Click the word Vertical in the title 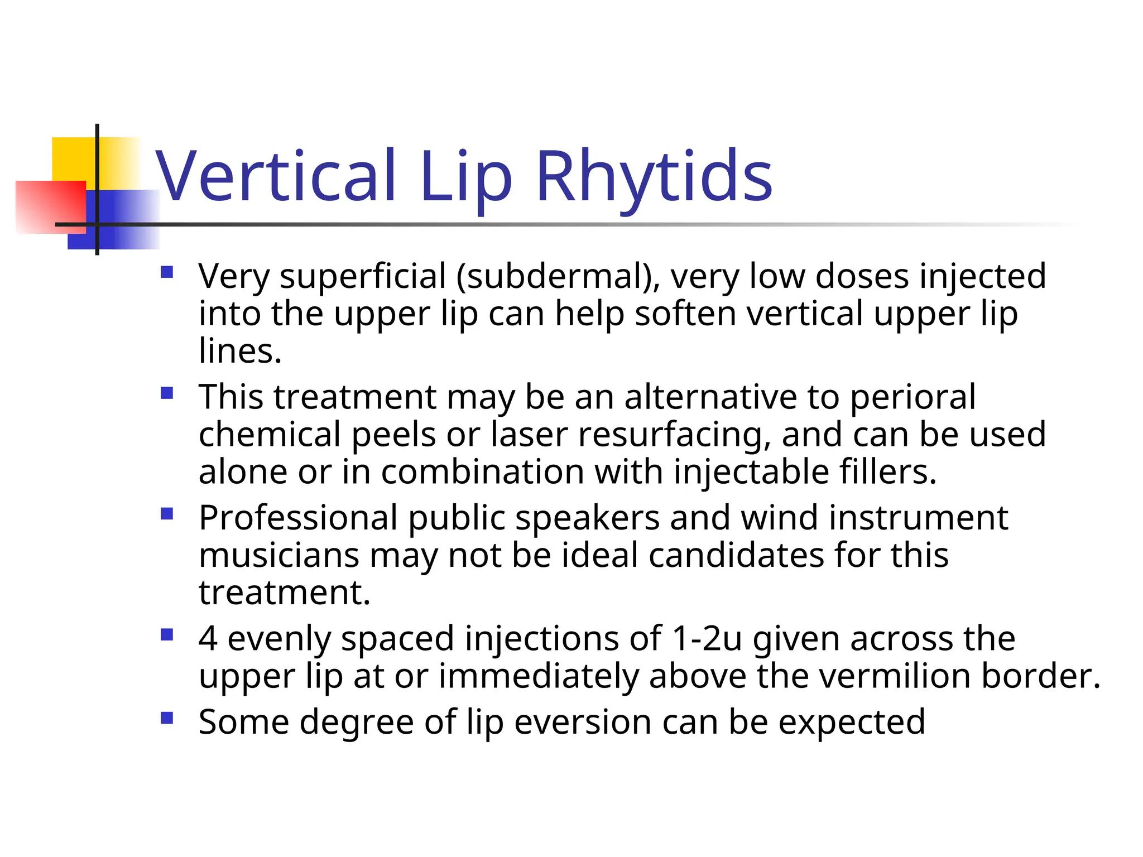[x=276, y=176]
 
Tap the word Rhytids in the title [x=654, y=176]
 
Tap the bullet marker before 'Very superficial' [x=167, y=272]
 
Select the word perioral [x=913, y=398]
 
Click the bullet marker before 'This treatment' [x=167, y=393]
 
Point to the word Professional [x=298, y=518]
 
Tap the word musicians [x=279, y=556]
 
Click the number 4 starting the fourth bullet [x=208, y=638]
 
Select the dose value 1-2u [x=707, y=638]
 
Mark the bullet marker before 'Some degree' [x=167, y=718]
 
